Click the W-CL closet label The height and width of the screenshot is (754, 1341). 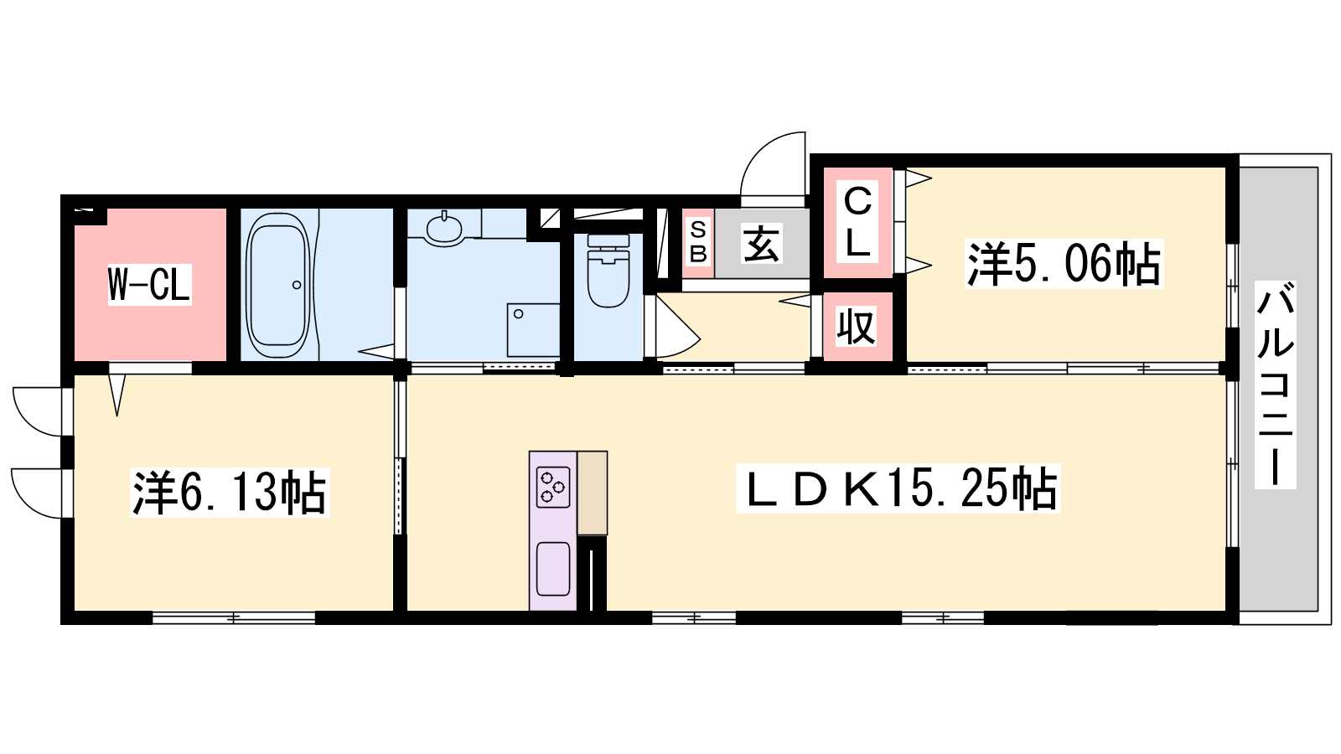(x=149, y=284)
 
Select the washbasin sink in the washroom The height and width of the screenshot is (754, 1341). (x=444, y=228)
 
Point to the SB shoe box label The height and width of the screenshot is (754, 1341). (x=698, y=242)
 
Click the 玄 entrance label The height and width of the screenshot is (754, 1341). (x=762, y=244)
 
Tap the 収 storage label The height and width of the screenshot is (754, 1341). (x=856, y=326)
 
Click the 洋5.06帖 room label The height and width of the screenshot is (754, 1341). (x=1064, y=264)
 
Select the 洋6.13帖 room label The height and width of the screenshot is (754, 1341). (x=230, y=493)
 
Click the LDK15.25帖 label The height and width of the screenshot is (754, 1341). (x=898, y=488)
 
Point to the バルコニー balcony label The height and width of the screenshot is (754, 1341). (x=1275, y=385)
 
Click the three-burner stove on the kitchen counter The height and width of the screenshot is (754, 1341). (x=552, y=487)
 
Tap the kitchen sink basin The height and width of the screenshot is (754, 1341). (x=552, y=569)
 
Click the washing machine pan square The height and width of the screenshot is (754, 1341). (x=533, y=330)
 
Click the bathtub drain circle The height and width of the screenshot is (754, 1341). (x=297, y=285)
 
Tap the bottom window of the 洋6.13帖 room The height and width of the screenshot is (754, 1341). (x=234, y=617)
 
